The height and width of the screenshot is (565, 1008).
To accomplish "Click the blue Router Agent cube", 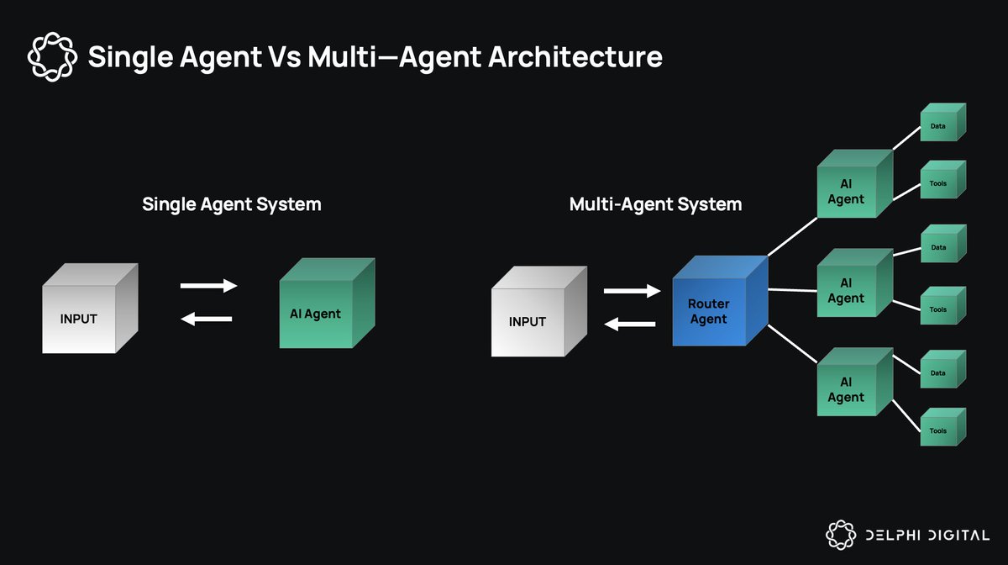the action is (x=720, y=301).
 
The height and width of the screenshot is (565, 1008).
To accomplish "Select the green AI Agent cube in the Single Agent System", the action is (x=327, y=303).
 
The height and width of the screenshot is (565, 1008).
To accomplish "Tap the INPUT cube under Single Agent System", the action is (x=90, y=309).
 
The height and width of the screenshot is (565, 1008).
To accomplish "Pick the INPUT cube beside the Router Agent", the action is (x=539, y=311).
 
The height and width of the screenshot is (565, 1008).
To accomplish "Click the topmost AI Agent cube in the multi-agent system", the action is (x=855, y=184).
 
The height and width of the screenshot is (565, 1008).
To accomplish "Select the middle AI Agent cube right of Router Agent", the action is (x=855, y=283).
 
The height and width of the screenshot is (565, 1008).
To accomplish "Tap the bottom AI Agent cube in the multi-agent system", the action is (x=855, y=382).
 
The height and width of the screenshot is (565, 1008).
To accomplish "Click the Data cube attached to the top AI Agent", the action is (x=943, y=122).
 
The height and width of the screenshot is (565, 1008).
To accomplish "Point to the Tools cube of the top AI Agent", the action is (x=943, y=179).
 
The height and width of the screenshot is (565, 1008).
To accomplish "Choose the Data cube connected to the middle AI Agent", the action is (x=943, y=243).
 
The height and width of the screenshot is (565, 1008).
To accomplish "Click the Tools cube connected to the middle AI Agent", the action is (x=943, y=305).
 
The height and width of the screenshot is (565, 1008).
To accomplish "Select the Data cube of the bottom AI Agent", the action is (x=943, y=369).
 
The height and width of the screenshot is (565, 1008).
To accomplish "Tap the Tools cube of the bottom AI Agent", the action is (x=943, y=426).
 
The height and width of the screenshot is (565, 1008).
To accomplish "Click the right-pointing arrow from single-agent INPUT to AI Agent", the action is (x=209, y=286).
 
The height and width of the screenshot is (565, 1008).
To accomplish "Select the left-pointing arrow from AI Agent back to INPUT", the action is (x=207, y=319).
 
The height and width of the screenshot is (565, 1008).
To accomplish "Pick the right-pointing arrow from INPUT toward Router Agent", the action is (x=633, y=291).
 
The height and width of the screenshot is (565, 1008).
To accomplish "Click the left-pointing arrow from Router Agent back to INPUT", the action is (x=630, y=324).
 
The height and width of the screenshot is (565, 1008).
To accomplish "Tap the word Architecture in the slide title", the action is (x=575, y=57).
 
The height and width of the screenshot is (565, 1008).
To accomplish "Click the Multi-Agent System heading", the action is (x=656, y=204).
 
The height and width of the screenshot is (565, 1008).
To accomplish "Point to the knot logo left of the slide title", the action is (x=52, y=57).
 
